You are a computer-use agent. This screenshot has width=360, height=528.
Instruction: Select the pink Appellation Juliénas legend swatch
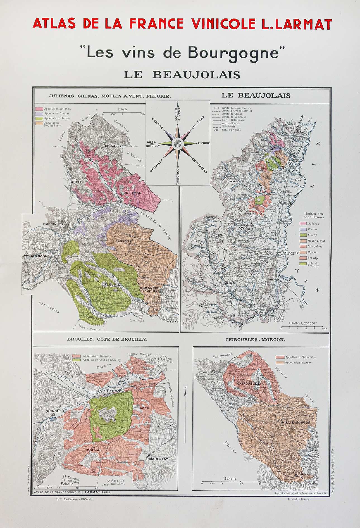coord(39,109)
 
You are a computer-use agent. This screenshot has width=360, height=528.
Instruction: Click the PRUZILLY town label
coord(113,146)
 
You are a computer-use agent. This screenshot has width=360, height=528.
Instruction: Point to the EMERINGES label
coord(53,224)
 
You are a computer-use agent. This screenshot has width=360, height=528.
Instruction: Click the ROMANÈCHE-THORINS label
coord(148,289)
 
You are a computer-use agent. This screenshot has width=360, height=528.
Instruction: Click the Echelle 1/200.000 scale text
coord(302,323)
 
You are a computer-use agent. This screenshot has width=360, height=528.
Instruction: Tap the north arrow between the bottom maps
coord(185,395)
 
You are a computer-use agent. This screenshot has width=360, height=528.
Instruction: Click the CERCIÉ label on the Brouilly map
coord(114,391)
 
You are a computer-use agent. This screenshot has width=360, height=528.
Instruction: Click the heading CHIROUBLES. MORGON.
coord(255,339)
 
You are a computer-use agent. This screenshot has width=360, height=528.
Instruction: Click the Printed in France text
coord(298,499)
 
